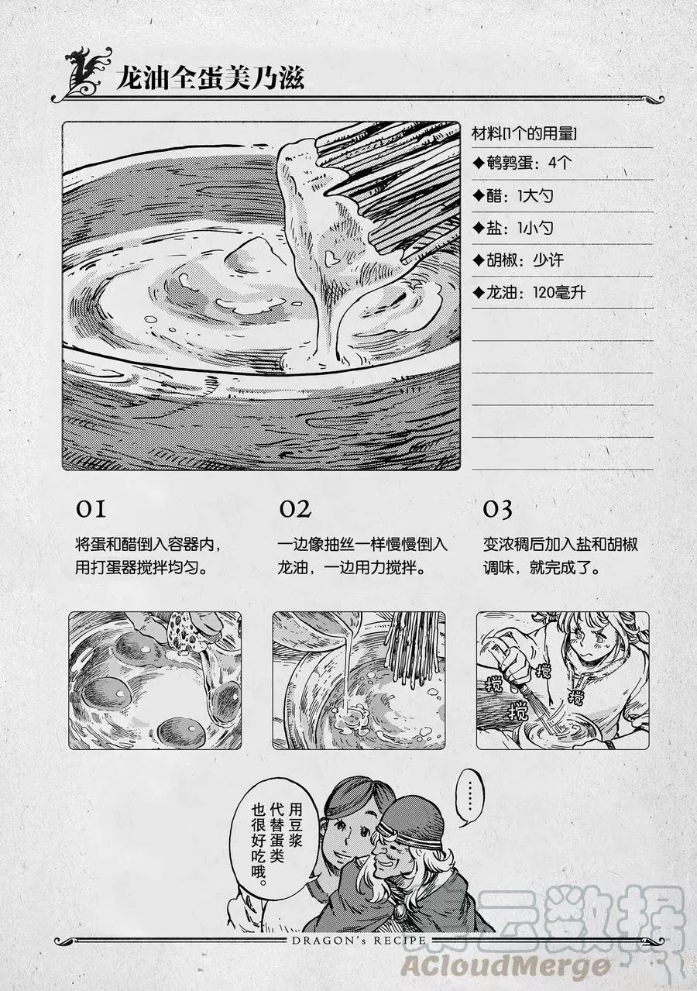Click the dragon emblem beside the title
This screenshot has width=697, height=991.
pos(84,71)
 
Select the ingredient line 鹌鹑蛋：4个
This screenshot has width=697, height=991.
pos(522,163)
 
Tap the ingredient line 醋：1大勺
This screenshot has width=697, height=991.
pos(513,195)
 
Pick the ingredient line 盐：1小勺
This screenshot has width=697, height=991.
pos(513,228)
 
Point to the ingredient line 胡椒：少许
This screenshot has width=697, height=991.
pos(518,260)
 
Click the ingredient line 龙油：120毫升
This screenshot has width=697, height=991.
pos(529,292)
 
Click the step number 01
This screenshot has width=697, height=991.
pos(91,509)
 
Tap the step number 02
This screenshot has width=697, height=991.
pos(294,509)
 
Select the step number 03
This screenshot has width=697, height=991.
pos(497,509)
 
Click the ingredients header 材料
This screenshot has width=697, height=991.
pos(486,133)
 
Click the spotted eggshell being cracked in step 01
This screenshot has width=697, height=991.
pos(188,631)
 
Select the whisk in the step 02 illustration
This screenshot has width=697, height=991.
pos(411,649)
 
